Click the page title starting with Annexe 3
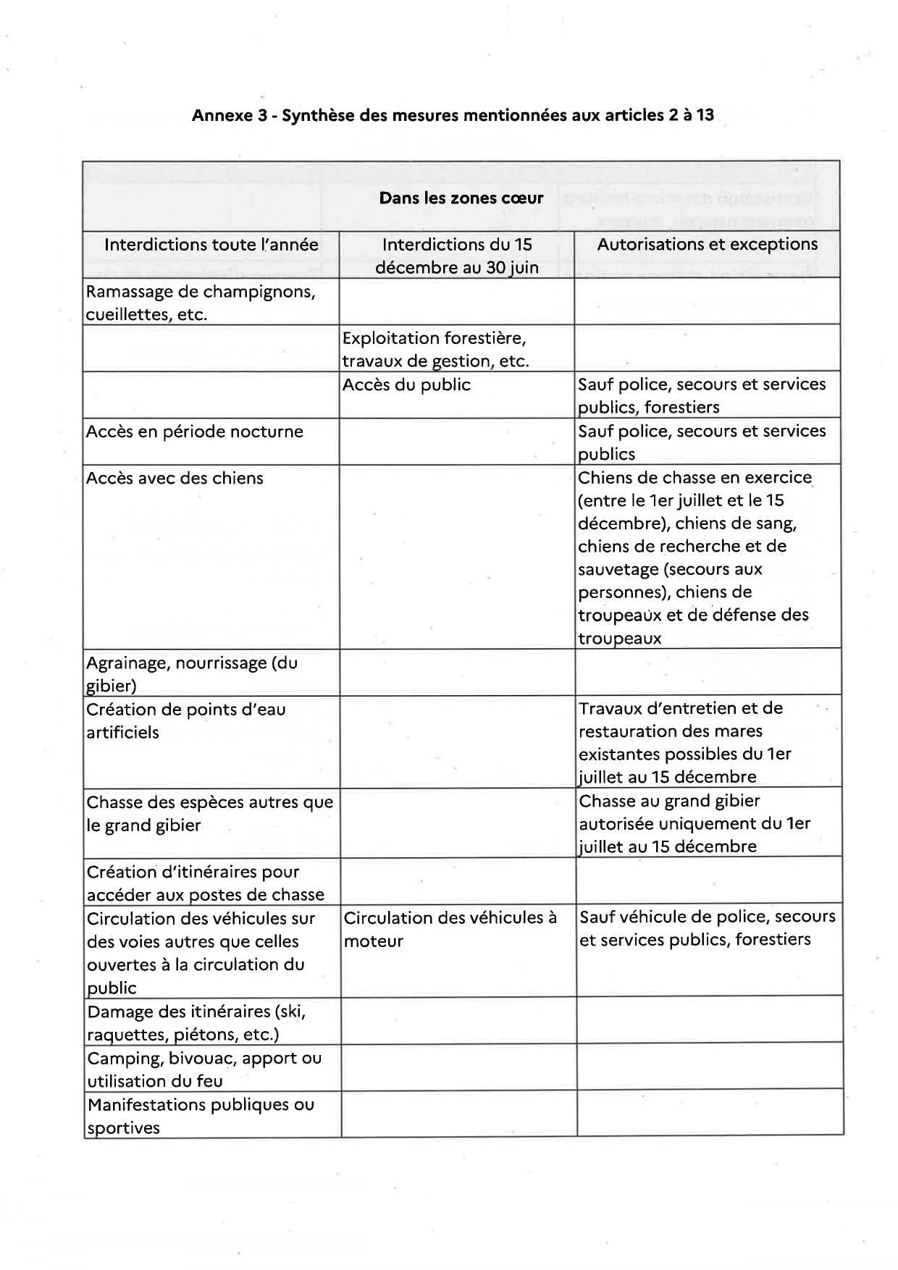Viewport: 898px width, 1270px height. [453, 115]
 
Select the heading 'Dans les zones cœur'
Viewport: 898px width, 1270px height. [461, 198]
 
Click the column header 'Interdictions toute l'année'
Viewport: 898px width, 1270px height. [211, 245]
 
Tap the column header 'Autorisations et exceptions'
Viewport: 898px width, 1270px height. [707, 245]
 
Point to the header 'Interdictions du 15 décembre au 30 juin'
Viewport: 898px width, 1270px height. [456, 256]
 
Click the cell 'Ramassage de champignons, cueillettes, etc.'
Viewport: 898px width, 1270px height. [201, 303]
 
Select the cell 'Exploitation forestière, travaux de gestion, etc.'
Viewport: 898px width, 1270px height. [435, 349]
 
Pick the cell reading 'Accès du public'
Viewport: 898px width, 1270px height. [406, 385]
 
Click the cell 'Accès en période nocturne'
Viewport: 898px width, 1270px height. [194, 432]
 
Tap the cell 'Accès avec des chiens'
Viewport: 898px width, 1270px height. [175, 479]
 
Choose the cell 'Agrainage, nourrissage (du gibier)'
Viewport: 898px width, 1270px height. [192, 673]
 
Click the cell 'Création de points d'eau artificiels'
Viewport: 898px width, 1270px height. [186, 720]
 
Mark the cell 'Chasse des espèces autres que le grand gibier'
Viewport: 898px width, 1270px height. [209, 813]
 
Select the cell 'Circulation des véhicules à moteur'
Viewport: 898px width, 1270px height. [450, 929]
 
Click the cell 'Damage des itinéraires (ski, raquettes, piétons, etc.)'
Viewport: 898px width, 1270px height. [196, 1022]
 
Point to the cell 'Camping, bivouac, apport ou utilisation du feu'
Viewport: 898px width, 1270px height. [204, 1069]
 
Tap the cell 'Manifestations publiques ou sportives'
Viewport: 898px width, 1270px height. [201, 1116]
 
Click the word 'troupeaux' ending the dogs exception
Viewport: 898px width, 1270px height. [620, 639]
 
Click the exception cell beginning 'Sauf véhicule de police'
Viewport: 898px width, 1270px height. [708, 928]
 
